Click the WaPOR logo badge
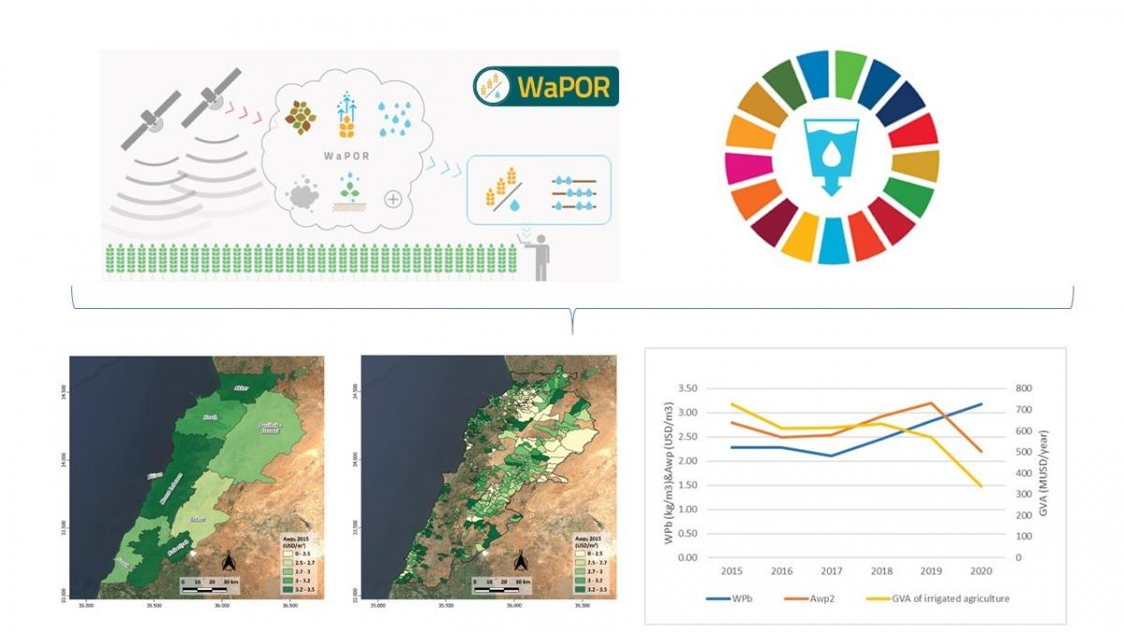(x=546, y=86)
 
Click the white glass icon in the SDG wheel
(x=832, y=154)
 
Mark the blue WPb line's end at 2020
(x=981, y=404)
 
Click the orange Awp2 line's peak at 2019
(x=930, y=403)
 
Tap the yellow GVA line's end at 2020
(x=981, y=486)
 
